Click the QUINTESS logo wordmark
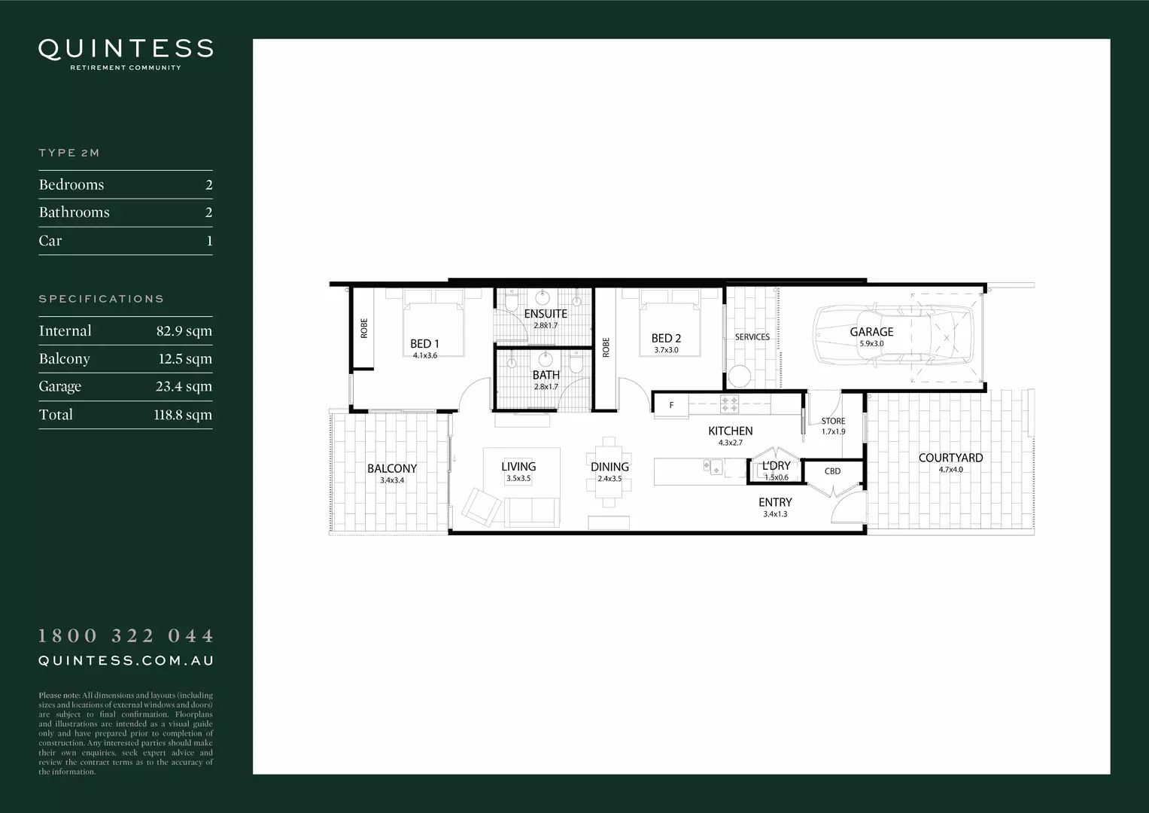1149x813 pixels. pyautogui.click(x=126, y=49)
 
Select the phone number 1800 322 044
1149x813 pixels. pyautogui.click(x=126, y=636)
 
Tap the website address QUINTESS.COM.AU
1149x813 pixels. pyautogui.click(x=126, y=661)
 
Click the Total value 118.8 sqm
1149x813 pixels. pyautogui.click(x=183, y=415)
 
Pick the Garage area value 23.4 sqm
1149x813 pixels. pyautogui.click(x=184, y=387)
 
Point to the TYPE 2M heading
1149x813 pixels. pyautogui.click(x=69, y=153)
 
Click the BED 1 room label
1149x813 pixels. pyautogui.click(x=424, y=344)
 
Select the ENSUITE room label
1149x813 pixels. pyautogui.click(x=546, y=314)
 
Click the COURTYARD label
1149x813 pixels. pyautogui.click(x=950, y=458)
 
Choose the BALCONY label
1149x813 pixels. pyautogui.click(x=391, y=469)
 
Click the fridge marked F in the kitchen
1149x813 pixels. pyautogui.click(x=671, y=406)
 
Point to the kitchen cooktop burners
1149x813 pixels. pyautogui.click(x=729, y=404)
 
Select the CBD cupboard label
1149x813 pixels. pyautogui.click(x=832, y=471)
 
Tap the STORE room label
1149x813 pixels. pyautogui.click(x=833, y=422)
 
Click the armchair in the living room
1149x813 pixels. pyautogui.click(x=481, y=507)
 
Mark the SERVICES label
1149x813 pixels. pyautogui.click(x=752, y=337)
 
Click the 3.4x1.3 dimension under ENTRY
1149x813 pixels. pyautogui.click(x=775, y=515)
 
